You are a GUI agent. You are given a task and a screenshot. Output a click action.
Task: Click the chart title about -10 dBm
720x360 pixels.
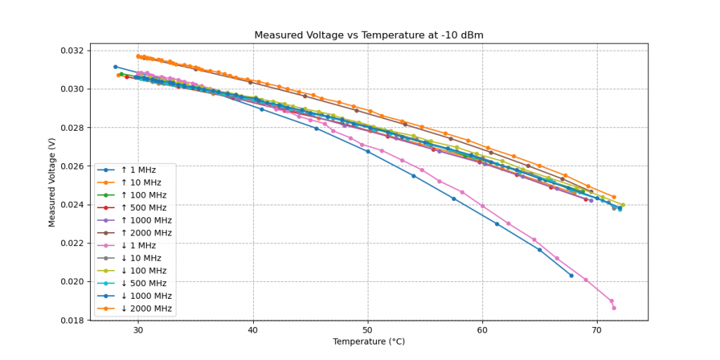pyautogui.click(x=368, y=35)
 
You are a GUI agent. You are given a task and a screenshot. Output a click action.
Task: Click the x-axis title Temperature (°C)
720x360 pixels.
pyautogui.click(x=368, y=342)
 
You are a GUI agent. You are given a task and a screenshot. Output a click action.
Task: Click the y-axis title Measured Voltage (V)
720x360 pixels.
pyautogui.click(x=52, y=182)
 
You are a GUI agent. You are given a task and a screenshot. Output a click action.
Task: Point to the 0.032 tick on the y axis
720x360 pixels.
pyautogui.click(x=72, y=51)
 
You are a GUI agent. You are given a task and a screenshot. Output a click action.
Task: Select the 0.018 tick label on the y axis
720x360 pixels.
pyautogui.click(x=72, y=321)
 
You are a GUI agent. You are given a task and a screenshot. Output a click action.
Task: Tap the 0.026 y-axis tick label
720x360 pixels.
pyautogui.click(x=72, y=167)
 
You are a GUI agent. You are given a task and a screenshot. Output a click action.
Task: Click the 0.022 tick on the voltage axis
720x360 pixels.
pyautogui.click(x=72, y=243)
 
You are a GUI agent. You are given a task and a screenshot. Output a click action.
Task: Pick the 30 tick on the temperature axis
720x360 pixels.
pyautogui.click(x=138, y=329)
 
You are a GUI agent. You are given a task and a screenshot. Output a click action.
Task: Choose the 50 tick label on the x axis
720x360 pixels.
pyautogui.click(x=368, y=329)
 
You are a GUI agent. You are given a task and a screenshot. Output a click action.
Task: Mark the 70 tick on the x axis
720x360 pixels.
pyautogui.click(x=597, y=329)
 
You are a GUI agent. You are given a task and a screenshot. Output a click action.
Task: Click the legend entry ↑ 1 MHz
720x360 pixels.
pyautogui.click(x=138, y=169)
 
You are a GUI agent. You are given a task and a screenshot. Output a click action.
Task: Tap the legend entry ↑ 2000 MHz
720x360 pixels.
pyautogui.click(x=146, y=233)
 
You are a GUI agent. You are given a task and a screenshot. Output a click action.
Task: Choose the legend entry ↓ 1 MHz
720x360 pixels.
pyautogui.click(x=138, y=245)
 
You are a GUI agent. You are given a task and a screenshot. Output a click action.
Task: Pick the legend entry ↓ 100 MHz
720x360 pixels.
pyautogui.click(x=143, y=271)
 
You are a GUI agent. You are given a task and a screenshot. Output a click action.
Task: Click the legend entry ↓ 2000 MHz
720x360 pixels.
pyautogui.click(x=146, y=309)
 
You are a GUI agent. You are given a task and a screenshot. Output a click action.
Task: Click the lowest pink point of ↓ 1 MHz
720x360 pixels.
pyautogui.click(x=614, y=308)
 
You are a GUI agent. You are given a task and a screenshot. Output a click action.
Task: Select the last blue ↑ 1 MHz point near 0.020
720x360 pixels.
pyautogui.click(x=571, y=276)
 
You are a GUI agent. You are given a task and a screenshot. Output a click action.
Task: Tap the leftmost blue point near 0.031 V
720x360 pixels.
pyautogui.click(x=115, y=67)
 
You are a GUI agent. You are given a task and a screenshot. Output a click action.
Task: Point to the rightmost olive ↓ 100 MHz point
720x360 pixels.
pyautogui.click(x=623, y=205)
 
